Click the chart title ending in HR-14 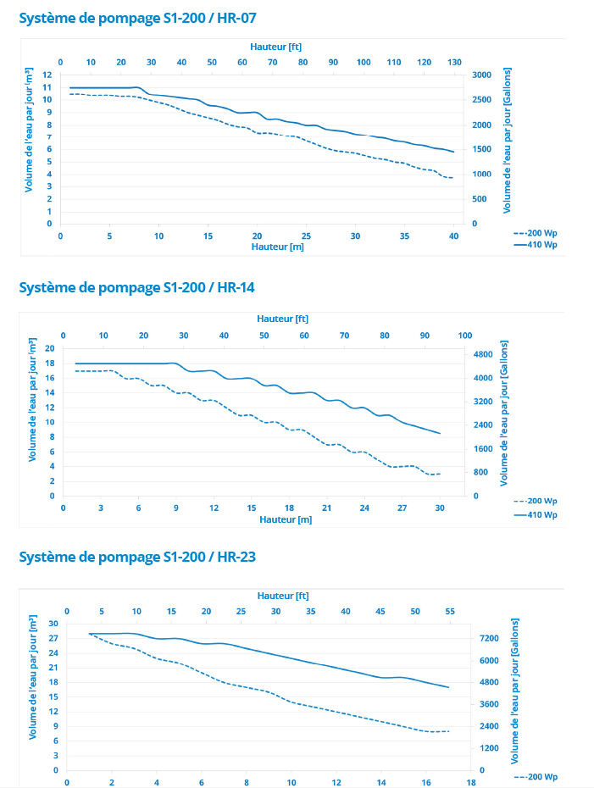coord(136,287)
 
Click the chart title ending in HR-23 coord(136,557)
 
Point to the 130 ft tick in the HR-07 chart coord(454,62)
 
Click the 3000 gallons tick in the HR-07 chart coord(480,75)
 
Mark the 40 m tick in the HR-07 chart coord(453,236)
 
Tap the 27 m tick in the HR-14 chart coord(402,508)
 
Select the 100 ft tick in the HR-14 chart coord(465,336)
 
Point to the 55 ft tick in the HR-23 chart coord(450,612)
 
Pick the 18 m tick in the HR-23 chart coord(471,783)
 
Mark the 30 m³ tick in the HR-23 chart coord(53,624)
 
